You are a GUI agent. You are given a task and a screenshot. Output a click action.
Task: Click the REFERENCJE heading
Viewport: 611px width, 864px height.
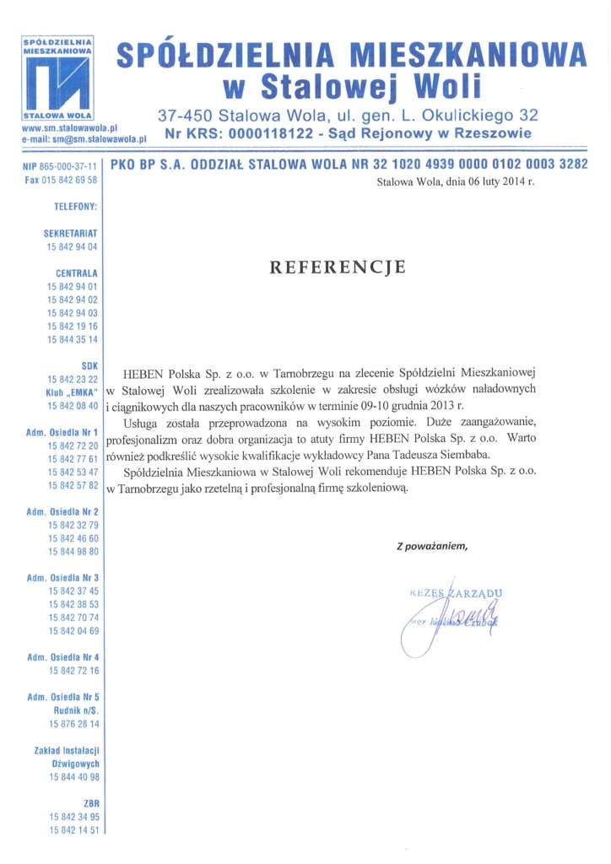coord(338,267)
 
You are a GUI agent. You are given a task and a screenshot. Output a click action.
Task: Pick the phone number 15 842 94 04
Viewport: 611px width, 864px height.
coord(73,246)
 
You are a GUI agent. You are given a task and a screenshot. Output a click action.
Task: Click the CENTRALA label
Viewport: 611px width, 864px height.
coord(77,273)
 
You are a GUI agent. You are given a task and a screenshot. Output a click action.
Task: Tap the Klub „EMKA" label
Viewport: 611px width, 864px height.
coord(73,393)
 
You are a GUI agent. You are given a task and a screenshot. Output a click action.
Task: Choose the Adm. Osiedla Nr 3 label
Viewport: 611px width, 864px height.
coord(63,577)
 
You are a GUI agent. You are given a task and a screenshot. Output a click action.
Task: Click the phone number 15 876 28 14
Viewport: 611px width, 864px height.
coord(73,723)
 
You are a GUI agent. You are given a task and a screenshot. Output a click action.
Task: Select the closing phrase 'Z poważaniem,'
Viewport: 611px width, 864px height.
coord(431,546)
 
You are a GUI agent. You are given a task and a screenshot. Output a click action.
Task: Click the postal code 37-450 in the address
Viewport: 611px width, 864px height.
coord(183,115)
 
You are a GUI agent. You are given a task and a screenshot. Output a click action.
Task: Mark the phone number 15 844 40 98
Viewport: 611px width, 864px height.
coord(73,776)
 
